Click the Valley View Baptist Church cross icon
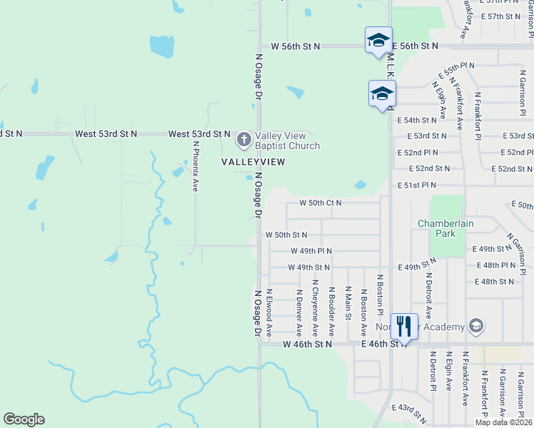243,139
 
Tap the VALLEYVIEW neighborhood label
253,162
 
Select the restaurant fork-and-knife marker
405,327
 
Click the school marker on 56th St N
378,40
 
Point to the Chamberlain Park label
446,228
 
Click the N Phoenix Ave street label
195,165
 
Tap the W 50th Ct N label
321,203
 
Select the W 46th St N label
307,344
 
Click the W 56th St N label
296,46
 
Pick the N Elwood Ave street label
269,312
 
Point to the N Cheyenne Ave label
314,308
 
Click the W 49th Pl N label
311,251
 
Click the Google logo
24,419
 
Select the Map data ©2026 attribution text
503,422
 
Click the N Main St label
348,302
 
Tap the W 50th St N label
286,235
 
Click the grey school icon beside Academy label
475,327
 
